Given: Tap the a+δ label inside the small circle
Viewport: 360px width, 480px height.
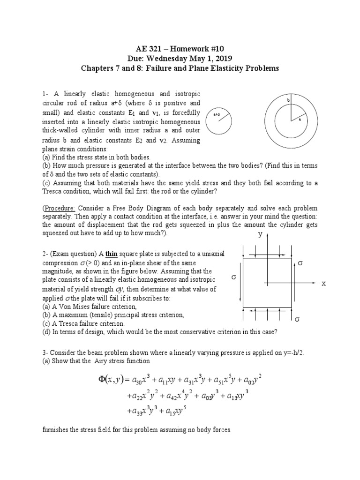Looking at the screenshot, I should pyautogui.click(x=217, y=113).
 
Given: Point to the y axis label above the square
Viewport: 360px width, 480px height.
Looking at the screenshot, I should pyautogui.click(x=259, y=234).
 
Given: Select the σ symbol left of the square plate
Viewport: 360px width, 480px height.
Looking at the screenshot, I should pyautogui.click(x=233, y=277).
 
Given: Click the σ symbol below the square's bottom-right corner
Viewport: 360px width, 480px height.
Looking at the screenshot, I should pyautogui.click(x=296, y=319).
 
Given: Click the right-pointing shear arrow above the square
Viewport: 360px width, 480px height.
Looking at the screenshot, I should pyautogui.click(x=266, y=254).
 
